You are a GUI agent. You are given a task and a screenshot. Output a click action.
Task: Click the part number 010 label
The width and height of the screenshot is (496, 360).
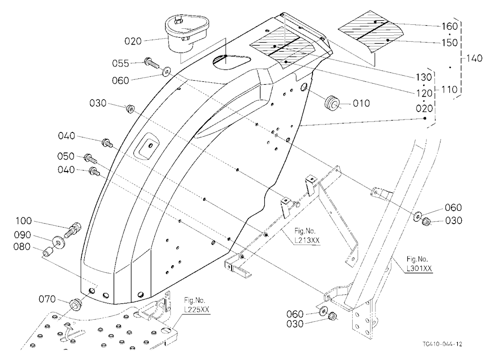[x=361, y=104]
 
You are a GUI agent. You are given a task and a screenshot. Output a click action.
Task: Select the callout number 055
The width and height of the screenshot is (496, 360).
[x=121, y=63]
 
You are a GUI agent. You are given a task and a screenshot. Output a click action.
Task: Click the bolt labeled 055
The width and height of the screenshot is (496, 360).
[x=151, y=62]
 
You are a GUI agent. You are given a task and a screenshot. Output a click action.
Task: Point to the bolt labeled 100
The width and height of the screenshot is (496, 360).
[x=73, y=230]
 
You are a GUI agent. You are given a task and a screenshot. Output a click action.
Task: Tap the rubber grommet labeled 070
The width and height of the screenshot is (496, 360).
[x=76, y=304]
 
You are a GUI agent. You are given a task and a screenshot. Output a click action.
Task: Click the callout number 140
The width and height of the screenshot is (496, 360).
[x=474, y=58]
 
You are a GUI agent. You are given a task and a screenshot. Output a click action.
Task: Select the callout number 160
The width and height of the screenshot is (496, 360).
[x=449, y=26]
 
